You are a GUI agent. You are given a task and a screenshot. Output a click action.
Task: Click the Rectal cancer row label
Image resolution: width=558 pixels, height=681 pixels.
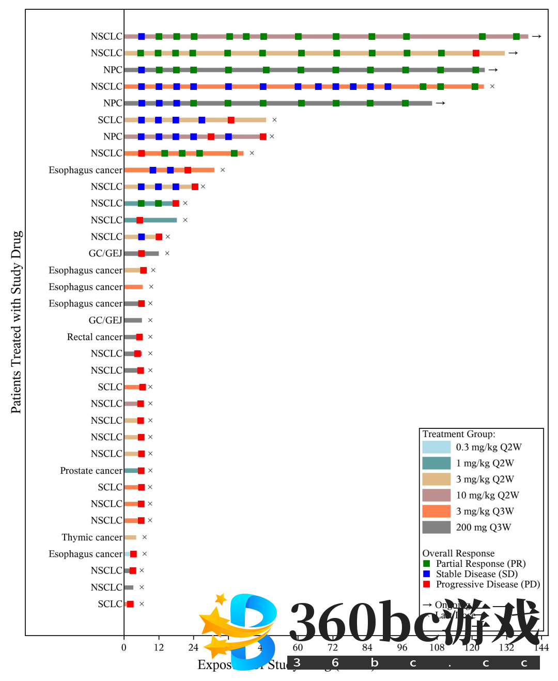click(x=95, y=337)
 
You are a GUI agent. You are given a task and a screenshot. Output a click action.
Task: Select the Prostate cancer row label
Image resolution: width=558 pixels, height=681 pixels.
click(x=91, y=471)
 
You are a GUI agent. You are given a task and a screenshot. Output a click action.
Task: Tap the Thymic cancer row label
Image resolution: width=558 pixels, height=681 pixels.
click(x=92, y=537)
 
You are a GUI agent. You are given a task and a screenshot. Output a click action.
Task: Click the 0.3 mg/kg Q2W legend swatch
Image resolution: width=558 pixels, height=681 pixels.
click(x=436, y=447)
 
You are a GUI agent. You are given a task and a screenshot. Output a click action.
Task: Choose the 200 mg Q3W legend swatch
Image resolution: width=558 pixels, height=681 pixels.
click(x=436, y=528)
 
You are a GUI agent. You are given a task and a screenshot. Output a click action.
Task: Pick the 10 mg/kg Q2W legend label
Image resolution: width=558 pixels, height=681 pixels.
click(x=487, y=496)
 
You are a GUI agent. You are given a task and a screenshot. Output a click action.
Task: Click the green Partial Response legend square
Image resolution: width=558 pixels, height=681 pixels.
click(x=426, y=564)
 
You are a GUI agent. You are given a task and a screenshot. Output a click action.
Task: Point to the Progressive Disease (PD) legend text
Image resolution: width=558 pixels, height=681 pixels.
click(x=488, y=584)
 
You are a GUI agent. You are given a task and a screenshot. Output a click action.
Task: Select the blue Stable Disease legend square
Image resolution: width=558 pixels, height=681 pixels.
click(x=426, y=574)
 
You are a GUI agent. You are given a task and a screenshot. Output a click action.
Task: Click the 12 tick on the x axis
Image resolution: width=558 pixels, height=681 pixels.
click(x=159, y=647)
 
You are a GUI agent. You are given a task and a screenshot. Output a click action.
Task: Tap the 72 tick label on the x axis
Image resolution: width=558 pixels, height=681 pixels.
click(x=332, y=647)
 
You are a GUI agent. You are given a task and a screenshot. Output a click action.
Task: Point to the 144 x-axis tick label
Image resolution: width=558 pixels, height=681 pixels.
click(x=541, y=647)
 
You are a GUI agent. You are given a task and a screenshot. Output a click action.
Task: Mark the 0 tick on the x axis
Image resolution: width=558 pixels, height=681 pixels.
click(x=124, y=647)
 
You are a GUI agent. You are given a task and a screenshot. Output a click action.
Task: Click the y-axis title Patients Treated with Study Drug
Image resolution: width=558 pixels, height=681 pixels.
click(x=16, y=322)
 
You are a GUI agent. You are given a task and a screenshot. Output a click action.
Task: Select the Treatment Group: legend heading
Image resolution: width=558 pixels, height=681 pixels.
click(x=459, y=434)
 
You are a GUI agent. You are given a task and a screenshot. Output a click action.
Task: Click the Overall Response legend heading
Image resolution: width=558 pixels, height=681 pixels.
click(x=458, y=553)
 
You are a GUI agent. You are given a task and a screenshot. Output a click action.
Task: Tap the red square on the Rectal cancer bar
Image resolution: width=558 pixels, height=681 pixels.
click(x=139, y=337)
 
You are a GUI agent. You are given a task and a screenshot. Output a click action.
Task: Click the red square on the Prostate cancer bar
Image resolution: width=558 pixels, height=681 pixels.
click(x=141, y=471)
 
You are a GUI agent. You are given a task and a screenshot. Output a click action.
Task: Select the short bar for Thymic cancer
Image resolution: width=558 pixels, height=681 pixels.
click(x=130, y=537)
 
